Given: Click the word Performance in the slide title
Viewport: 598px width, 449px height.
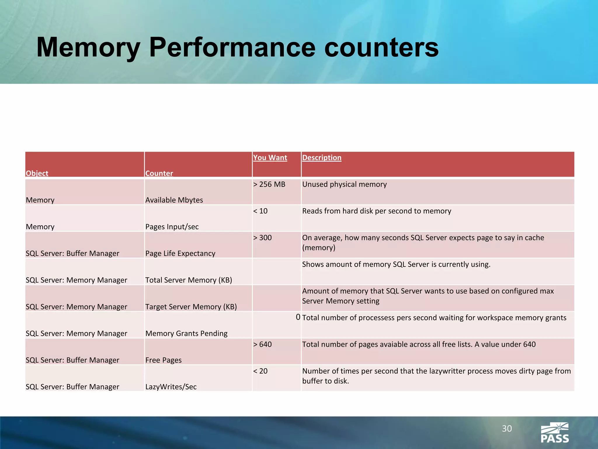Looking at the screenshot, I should click(232, 47).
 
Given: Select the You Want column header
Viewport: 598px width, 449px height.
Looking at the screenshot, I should click(270, 158).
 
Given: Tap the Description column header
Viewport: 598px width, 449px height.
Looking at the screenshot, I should click(321, 158).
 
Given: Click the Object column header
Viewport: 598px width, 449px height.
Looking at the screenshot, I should click(37, 173).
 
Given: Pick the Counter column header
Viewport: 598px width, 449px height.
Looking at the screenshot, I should click(159, 173).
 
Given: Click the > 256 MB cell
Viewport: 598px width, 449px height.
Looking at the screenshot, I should click(269, 184).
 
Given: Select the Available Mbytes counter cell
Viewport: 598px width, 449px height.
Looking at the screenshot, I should click(174, 200).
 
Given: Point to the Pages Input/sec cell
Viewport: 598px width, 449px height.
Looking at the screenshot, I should click(172, 227).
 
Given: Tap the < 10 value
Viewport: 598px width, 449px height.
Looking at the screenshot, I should click(260, 211).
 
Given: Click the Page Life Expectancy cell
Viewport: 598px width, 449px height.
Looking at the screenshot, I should click(180, 253).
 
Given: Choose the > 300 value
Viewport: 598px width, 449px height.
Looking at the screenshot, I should click(262, 238).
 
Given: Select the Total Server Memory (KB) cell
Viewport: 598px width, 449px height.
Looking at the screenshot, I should click(189, 280).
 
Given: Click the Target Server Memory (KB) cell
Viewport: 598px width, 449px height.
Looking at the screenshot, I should click(191, 307).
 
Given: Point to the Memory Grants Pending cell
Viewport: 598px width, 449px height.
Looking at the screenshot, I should click(186, 334).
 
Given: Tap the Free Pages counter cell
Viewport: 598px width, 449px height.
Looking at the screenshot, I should click(164, 360).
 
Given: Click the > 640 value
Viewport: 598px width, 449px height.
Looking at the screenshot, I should click(262, 344).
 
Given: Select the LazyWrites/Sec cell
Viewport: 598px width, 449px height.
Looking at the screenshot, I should click(171, 387).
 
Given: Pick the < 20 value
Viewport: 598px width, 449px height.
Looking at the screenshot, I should click(260, 371).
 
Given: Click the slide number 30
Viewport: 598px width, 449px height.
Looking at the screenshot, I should click(507, 429).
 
